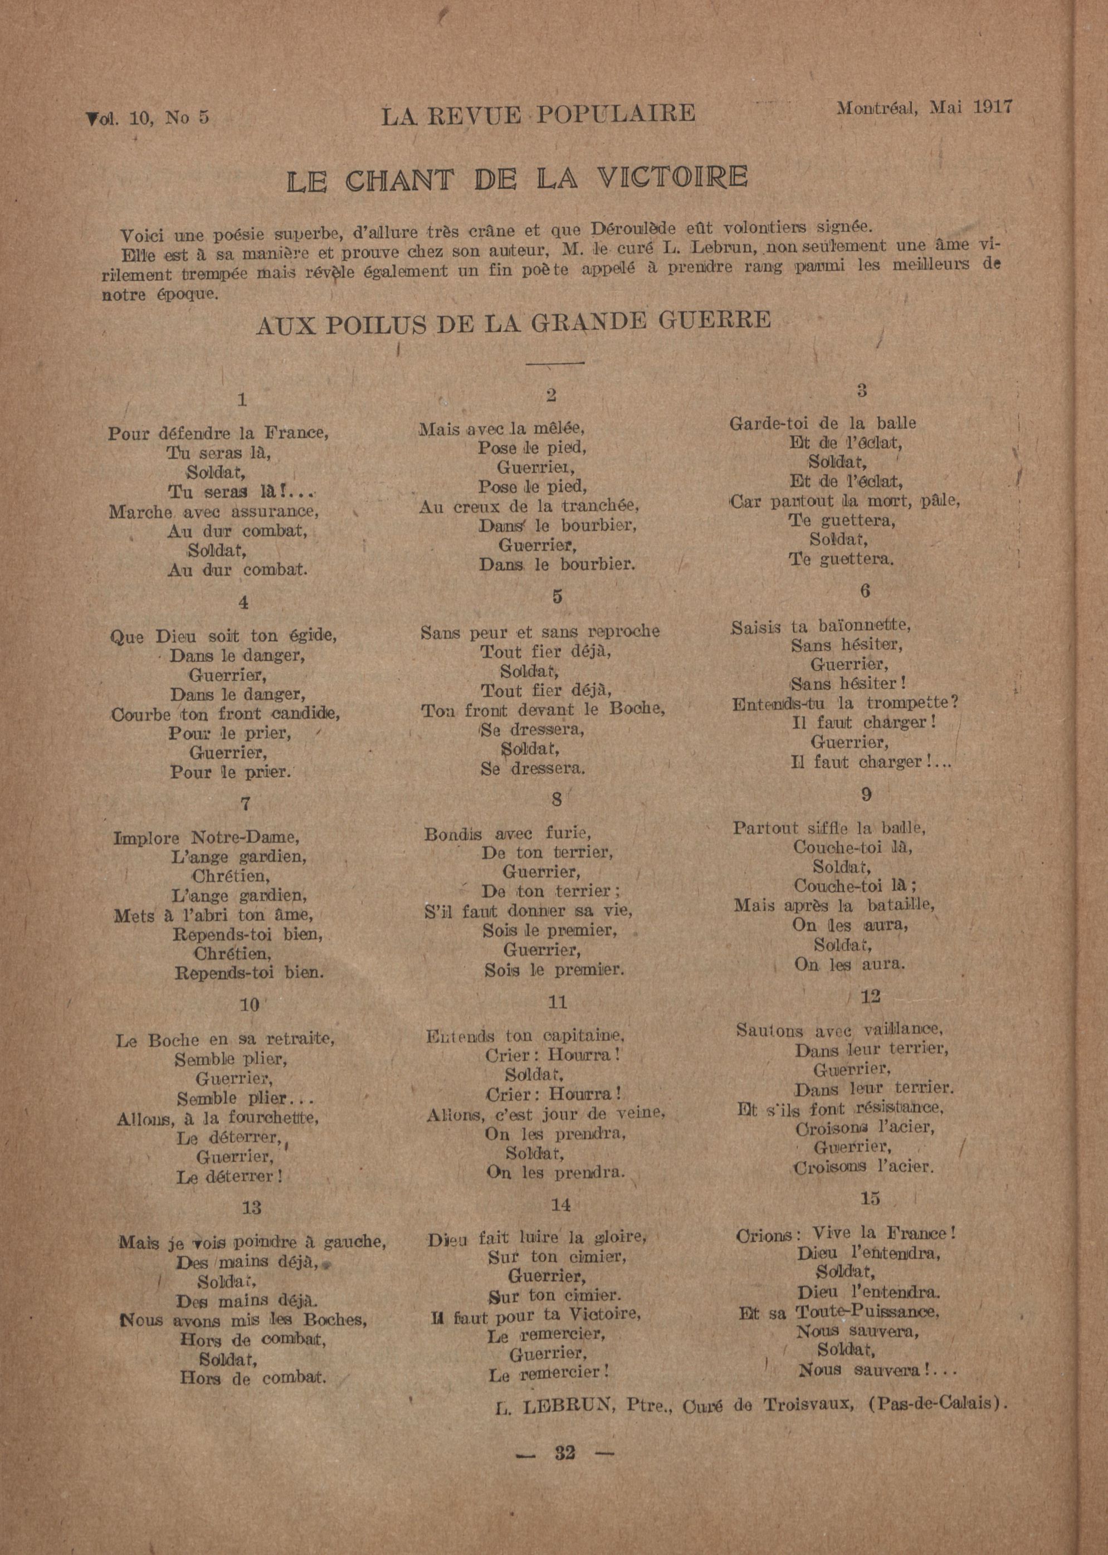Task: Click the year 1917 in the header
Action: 993,107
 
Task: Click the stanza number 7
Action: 245,804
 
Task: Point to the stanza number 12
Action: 870,996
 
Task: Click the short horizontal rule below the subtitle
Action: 555,363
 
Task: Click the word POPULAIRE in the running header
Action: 616,114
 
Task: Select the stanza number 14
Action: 560,1205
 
